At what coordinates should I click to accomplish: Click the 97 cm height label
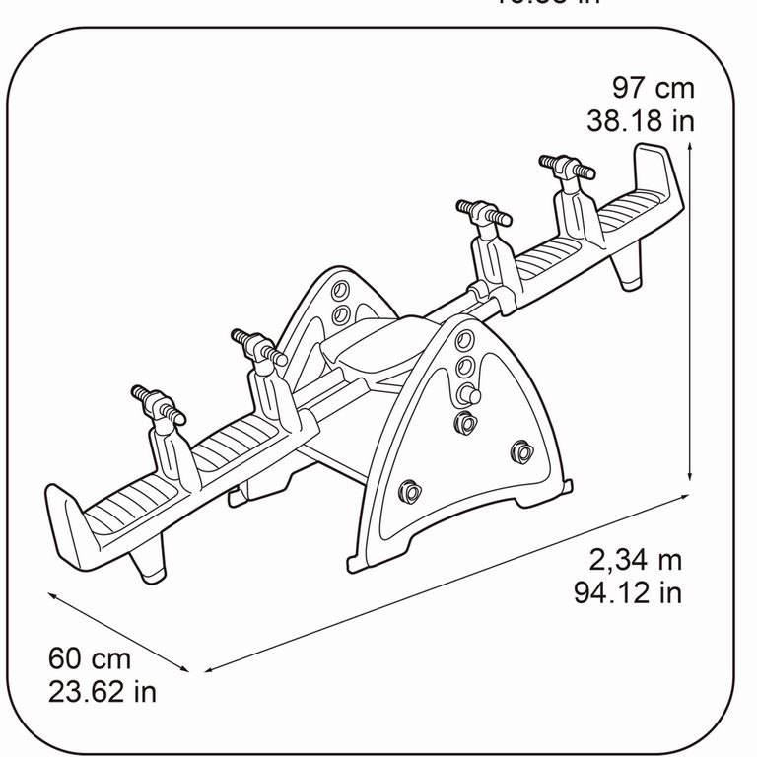(x=654, y=88)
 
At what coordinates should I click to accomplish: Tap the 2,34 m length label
(x=636, y=561)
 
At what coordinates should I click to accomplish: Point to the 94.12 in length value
(x=628, y=592)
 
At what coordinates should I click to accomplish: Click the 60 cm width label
(x=90, y=658)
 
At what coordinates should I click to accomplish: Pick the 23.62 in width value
(x=103, y=690)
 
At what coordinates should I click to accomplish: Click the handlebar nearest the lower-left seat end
(x=157, y=405)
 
